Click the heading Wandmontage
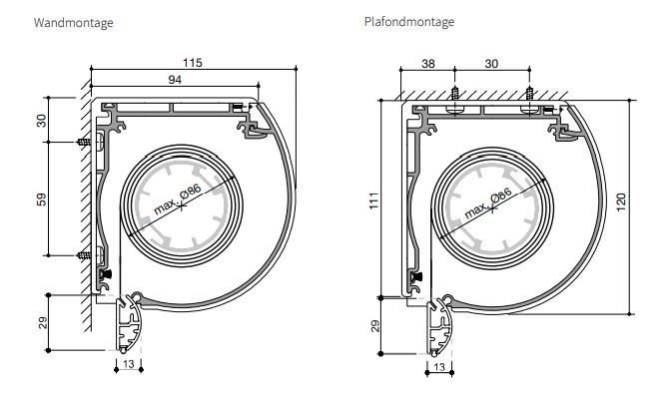[x=73, y=23]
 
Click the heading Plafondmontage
[x=409, y=22]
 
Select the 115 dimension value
[x=193, y=63]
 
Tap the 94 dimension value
[x=175, y=80]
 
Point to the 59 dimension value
[x=41, y=199]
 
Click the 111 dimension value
[x=373, y=200]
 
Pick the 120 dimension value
[x=621, y=202]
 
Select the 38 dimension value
[x=428, y=64]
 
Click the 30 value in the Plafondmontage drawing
[x=491, y=64]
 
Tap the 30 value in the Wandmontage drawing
[x=41, y=121]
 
